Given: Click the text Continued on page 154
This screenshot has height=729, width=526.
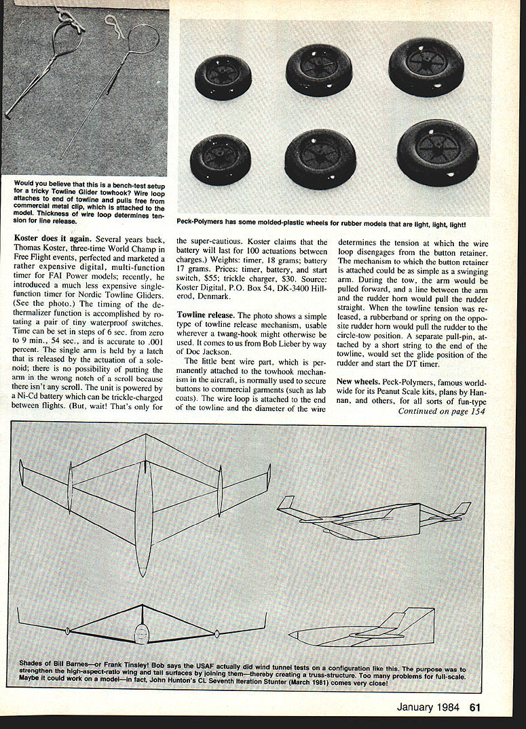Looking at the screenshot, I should coord(442,411).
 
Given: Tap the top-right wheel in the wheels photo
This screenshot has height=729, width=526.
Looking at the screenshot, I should coord(426,66).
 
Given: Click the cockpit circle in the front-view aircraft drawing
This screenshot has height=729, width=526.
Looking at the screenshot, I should coord(141,635).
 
